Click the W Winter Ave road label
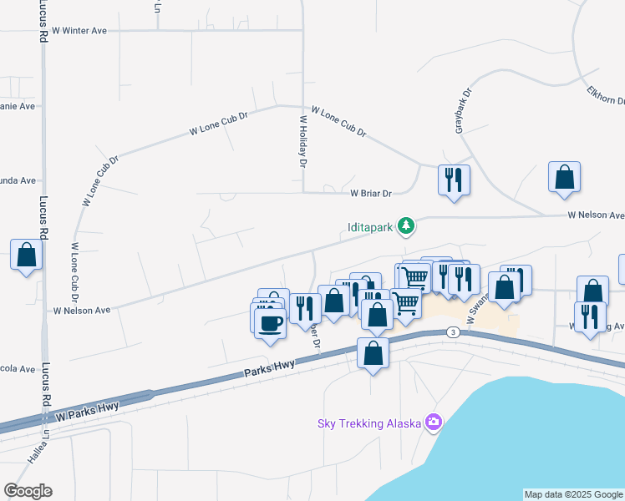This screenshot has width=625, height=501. pos(79,30)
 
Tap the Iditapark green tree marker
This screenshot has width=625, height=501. pos(406,225)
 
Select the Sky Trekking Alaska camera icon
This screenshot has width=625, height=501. pos(433,423)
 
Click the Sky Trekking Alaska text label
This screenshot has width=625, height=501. pos(368,423)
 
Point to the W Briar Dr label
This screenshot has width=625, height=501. pos(371,193)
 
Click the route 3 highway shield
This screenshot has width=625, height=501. pos(452,332)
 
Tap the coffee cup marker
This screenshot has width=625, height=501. pos(269,321)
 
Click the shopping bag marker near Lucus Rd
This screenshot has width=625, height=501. pos(26,254)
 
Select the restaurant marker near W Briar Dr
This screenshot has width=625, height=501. pos(454,180)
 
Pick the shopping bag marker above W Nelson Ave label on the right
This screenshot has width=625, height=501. pos(564,177)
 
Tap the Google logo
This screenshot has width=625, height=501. pos(28,491)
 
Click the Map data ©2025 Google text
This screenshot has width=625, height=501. pos(573,494)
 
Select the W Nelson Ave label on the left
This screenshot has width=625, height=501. pos(82,311)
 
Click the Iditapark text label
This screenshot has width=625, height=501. pos(370,226)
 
